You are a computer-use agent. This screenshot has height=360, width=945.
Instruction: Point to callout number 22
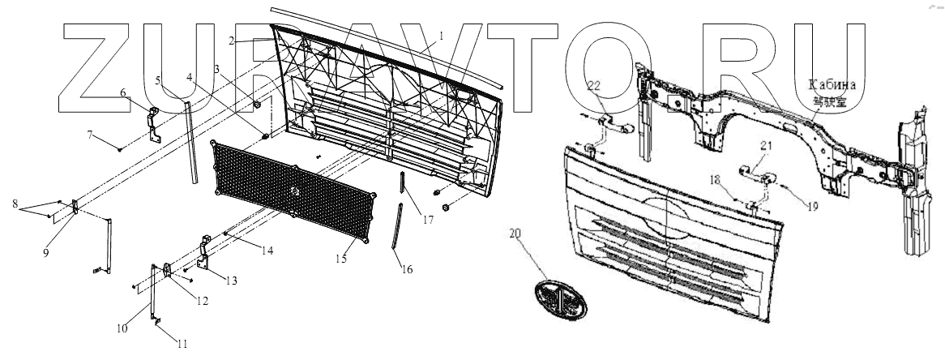[593, 86]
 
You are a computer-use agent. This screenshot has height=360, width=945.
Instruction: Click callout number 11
[182, 343]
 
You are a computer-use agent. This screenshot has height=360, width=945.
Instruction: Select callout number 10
[122, 328]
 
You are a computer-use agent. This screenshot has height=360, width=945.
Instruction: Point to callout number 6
[123, 92]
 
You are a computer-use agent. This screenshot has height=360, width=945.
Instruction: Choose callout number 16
[407, 269]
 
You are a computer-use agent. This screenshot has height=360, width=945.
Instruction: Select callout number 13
[232, 281]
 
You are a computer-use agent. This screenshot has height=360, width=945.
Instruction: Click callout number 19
[811, 207]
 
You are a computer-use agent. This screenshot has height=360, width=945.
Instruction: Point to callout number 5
[159, 80]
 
